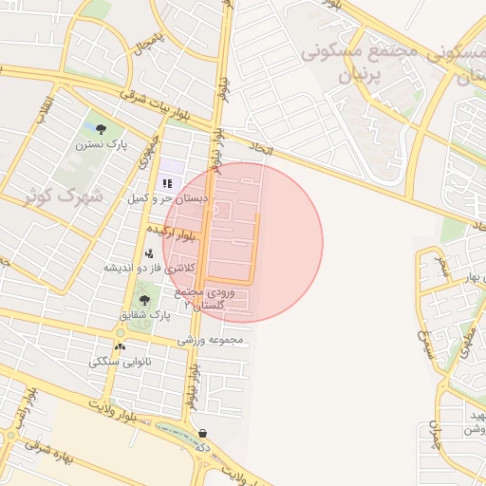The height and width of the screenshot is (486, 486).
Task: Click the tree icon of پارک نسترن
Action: (102, 128)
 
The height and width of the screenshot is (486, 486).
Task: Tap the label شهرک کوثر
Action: (65, 196)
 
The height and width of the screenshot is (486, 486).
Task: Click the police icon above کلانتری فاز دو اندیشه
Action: (149, 253)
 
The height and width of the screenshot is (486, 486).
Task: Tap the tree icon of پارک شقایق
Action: (144, 300)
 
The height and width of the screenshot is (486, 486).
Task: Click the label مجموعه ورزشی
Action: (211, 340)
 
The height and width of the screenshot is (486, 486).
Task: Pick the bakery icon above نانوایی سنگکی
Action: (121, 347)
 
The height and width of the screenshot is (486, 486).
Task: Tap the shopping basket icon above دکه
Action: (202, 433)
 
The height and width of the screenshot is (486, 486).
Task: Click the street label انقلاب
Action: (42, 108)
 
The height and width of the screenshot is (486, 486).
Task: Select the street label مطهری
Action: (467, 342)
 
